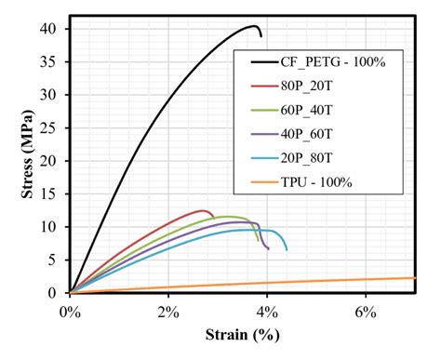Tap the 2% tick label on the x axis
[x=168, y=311]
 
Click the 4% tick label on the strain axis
[x=267, y=311]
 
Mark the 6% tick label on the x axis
[x=366, y=311]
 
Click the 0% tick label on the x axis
[x=70, y=311]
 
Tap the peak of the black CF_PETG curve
[x=255, y=26]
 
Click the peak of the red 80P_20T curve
[x=203, y=210]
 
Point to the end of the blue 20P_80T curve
[x=287, y=250]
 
